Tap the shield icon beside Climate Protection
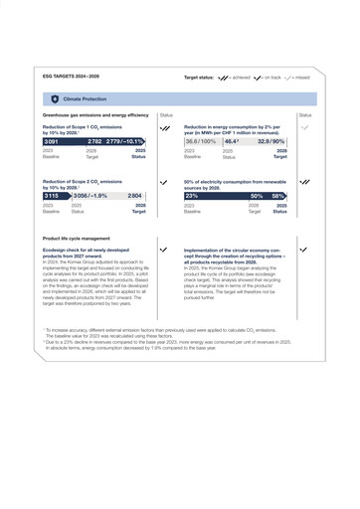[54, 99]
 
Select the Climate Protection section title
[85, 99]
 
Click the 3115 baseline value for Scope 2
[52, 197]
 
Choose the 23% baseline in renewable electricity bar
[191, 197]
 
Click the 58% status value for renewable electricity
[279, 197]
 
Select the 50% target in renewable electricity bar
[256, 197]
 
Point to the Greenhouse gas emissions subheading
[95, 115]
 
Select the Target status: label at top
[199, 77]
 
